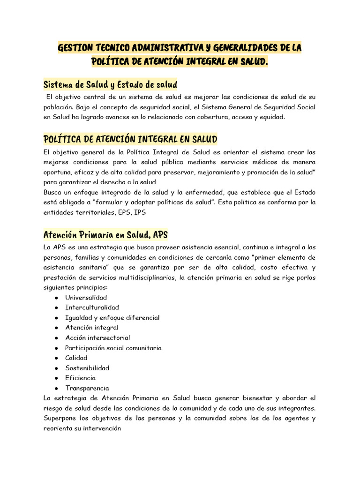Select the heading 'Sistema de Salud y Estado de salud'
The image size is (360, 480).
pos(110,85)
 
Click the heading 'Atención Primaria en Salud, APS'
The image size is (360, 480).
pos(105,234)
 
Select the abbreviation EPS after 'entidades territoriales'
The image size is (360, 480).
pos(125,212)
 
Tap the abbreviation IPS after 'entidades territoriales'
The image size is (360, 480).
pos(140,212)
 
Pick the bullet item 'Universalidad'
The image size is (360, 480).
pos(86,298)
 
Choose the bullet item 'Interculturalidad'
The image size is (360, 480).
pos(92,307)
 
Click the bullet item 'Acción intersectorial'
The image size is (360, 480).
pos(97,337)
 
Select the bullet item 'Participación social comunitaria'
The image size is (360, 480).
pos(113,348)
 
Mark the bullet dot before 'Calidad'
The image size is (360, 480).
pos(56,358)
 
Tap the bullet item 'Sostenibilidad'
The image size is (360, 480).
pos(87,368)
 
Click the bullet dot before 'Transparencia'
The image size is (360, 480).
pos(56,389)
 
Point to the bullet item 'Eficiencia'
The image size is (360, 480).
pos(80,378)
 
